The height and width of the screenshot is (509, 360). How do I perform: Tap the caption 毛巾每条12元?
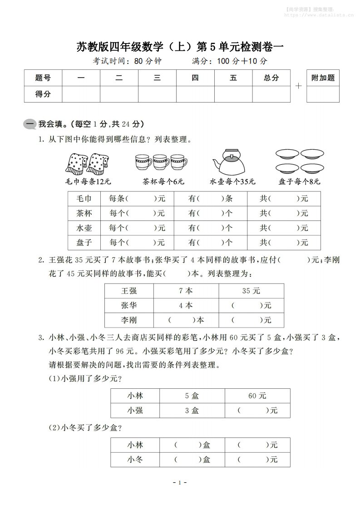click(88, 182)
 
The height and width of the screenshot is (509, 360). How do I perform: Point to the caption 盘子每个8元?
click(300, 182)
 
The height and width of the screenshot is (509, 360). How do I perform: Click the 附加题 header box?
click(323, 78)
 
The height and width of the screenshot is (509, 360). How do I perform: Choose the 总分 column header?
click(271, 78)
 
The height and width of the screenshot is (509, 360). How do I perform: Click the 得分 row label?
click(43, 94)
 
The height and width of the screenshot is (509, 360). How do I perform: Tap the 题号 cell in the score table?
click(43, 78)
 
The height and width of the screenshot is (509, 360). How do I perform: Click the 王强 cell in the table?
click(129, 291)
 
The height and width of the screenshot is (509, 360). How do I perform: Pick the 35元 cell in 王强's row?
click(251, 291)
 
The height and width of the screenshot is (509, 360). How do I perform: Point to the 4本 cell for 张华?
click(186, 305)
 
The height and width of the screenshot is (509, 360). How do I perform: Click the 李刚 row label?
click(129, 320)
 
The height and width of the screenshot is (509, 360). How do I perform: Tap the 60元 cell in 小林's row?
click(257, 396)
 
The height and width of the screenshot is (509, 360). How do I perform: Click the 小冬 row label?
click(135, 460)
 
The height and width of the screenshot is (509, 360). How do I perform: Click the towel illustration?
click(88, 162)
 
